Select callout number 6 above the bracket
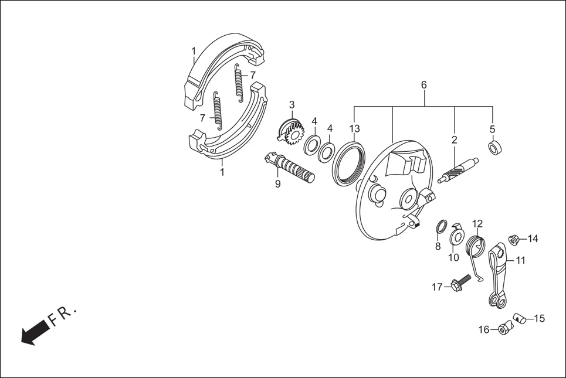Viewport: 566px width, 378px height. (423, 86)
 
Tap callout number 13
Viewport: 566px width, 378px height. (355, 128)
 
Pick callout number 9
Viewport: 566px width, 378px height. (277, 185)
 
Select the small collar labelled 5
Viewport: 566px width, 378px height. (495, 148)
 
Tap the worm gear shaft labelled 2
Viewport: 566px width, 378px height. (457, 171)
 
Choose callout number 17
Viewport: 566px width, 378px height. (437, 287)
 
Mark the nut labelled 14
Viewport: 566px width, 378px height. (513, 240)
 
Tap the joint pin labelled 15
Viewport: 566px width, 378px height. (519, 318)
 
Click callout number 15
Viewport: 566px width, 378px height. (540, 319)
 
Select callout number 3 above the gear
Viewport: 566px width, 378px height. (292, 105)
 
